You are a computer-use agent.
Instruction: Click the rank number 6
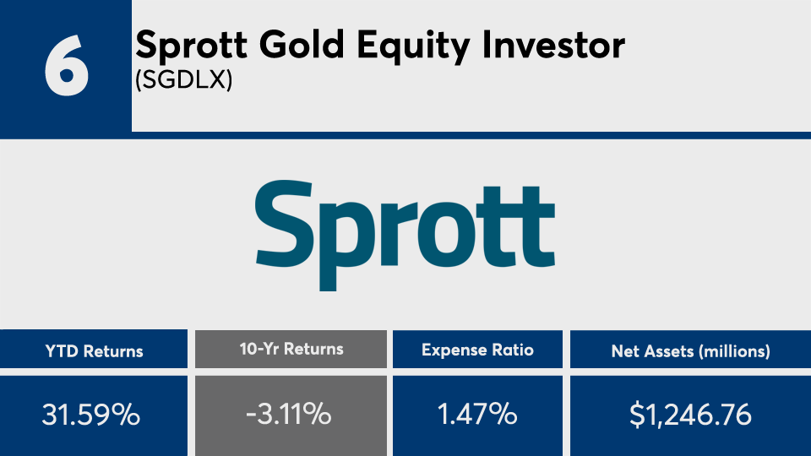tap(66, 65)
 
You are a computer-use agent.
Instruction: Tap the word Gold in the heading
tap(302, 45)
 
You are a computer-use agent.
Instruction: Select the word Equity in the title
tap(413, 46)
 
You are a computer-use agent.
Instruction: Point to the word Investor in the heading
tap(553, 45)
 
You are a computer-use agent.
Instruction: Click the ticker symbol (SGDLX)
tap(183, 80)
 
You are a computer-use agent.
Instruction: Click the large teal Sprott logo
tap(405, 236)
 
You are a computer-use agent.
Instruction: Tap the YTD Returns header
tap(94, 351)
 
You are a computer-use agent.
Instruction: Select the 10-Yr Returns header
tap(291, 349)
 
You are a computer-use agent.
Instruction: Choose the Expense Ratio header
tap(477, 350)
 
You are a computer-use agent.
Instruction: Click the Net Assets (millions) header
tap(690, 351)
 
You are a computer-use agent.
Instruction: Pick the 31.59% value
tap(91, 415)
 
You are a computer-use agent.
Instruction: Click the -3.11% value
tap(289, 414)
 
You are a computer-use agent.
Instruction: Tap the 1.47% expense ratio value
tap(477, 414)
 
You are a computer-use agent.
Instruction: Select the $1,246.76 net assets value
tap(690, 415)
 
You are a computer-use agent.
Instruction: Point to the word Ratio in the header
tap(511, 350)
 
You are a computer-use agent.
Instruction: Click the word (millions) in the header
tap(734, 352)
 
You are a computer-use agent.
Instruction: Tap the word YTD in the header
tap(62, 351)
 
